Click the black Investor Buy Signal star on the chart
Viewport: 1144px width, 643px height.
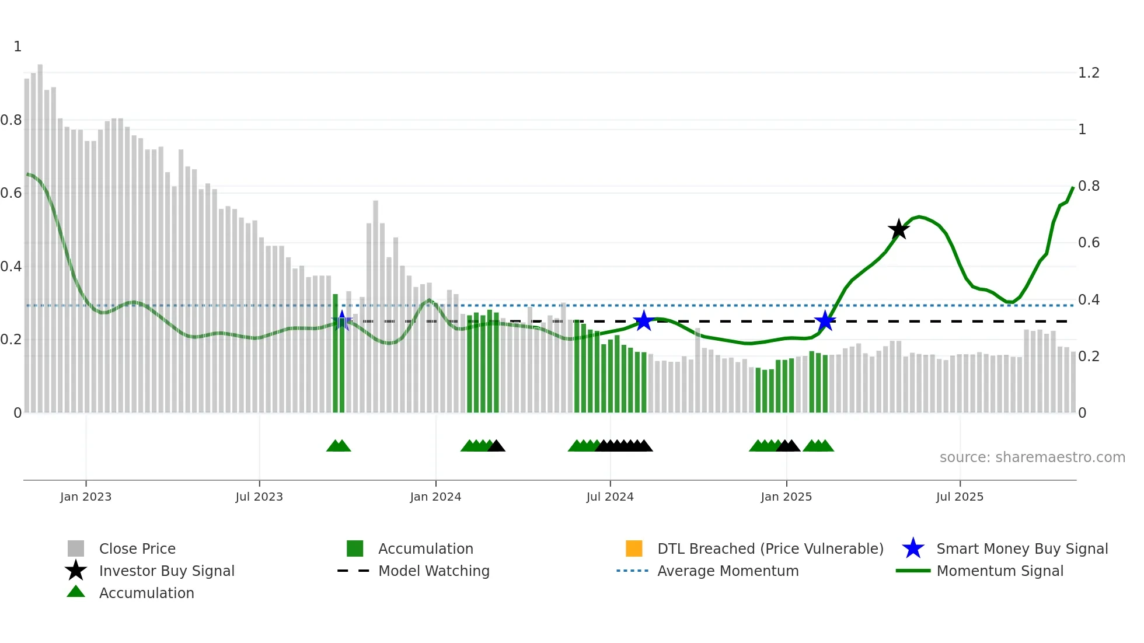pyautogui.click(x=899, y=229)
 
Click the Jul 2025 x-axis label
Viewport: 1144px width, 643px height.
pyautogui.click(x=960, y=497)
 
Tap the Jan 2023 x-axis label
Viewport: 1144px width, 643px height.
pyautogui.click(x=86, y=497)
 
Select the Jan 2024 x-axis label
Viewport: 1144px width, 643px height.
pyautogui.click(x=435, y=497)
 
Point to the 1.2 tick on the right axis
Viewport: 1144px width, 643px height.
pyautogui.click(x=1089, y=73)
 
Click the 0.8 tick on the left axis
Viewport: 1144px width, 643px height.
pyautogui.click(x=11, y=120)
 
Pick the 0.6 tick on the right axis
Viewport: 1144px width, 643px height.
pyautogui.click(x=1089, y=243)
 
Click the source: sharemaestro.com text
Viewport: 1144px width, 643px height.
pyautogui.click(x=1032, y=457)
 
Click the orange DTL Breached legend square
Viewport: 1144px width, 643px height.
pyautogui.click(x=634, y=548)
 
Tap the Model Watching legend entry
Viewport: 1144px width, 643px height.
pyautogui.click(x=434, y=571)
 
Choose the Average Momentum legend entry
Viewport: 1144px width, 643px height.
pyautogui.click(x=727, y=571)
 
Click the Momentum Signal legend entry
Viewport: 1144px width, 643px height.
pyautogui.click(x=999, y=571)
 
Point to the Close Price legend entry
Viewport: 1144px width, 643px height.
pyautogui.click(x=137, y=548)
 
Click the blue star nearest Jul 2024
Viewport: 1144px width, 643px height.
pyautogui.click(x=643, y=321)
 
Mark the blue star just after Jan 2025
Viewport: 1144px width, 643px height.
pyautogui.click(x=825, y=321)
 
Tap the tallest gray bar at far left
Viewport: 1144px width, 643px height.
pyautogui.click(x=40, y=233)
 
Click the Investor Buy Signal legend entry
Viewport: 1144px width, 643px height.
pyautogui.click(x=166, y=571)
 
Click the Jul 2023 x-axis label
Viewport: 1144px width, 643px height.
pyautogui.click(x=259, y=497)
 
